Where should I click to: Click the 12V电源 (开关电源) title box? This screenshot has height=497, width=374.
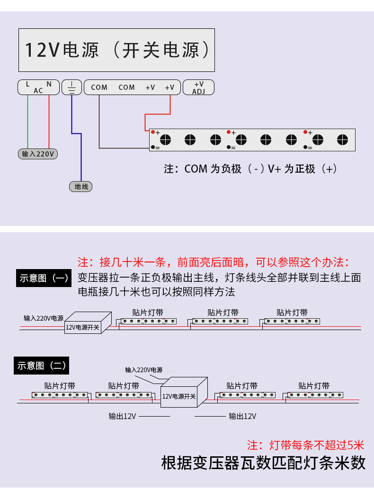pyautogui.click(x=116, y=50)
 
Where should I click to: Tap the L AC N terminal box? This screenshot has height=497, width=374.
pyautogui.click(x=38, y=87)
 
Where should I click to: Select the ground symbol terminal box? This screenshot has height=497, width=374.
pyautogui.click(x=72, y=87)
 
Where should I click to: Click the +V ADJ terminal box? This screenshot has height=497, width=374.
pyautogui.click(x=198, y=87)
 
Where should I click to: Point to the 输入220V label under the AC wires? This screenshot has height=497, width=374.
pyautogui.click(x=38, y=154)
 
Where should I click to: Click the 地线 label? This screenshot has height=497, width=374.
pyautogui.click(x=81, y=186)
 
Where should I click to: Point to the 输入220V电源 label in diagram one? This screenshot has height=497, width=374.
pyautogui.click(x=44, y=318)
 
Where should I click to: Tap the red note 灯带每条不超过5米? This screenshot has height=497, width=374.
pyautogui.click(x=305, y=445)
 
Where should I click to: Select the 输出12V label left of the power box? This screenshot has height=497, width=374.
pyautogui.click(x=122, y=416)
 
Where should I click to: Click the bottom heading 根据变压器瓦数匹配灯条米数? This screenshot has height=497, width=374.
pyautogui.click(x=263, y=462)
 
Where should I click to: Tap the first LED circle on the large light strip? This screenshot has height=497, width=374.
pyautogui.click(x=165, y=140)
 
